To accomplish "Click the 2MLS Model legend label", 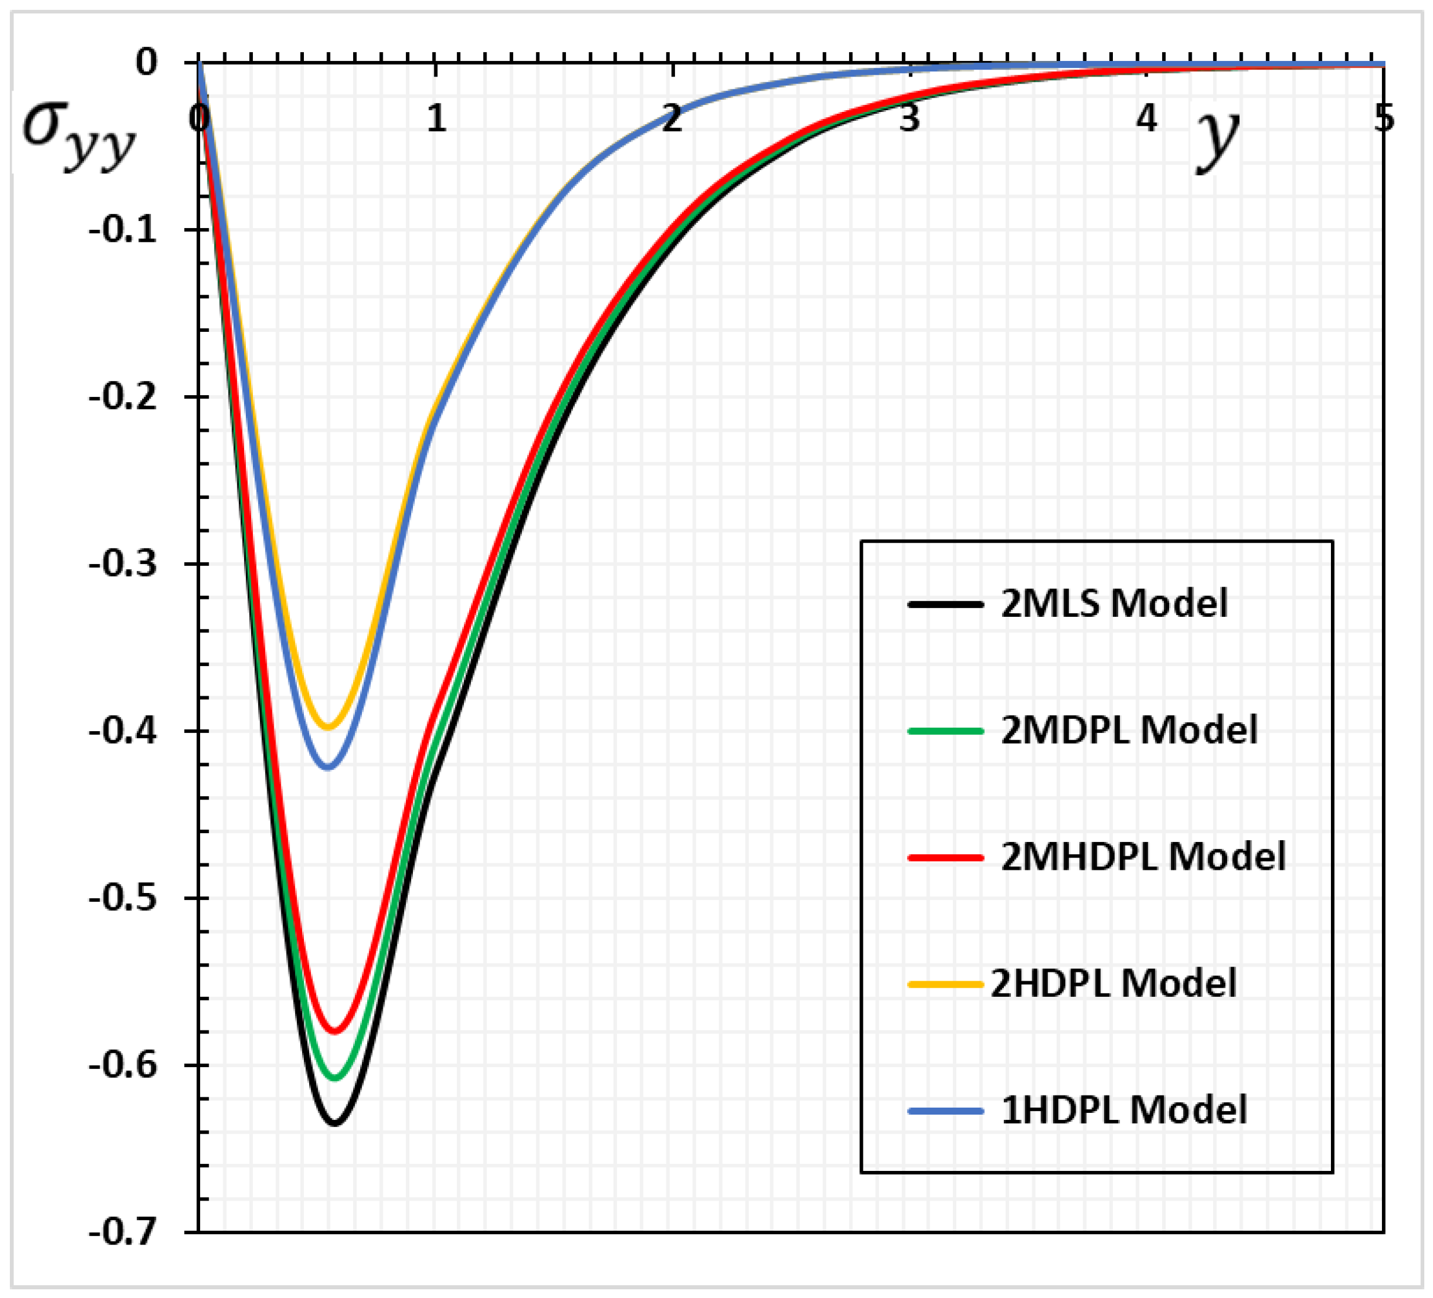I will click(1114, 604).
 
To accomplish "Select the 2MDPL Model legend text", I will click(1129, 730).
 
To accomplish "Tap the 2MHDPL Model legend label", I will click(1143, 856).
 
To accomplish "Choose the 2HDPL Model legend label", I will click(1113, 984).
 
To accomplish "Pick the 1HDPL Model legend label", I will click(1124, 1110).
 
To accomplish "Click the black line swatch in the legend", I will click(945, 605).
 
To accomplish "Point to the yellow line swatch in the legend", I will click(945, 984).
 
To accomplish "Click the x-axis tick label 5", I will click(1383, 117).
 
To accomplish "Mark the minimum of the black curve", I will click(335, 1124).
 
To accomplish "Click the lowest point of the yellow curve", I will click(328, 727).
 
